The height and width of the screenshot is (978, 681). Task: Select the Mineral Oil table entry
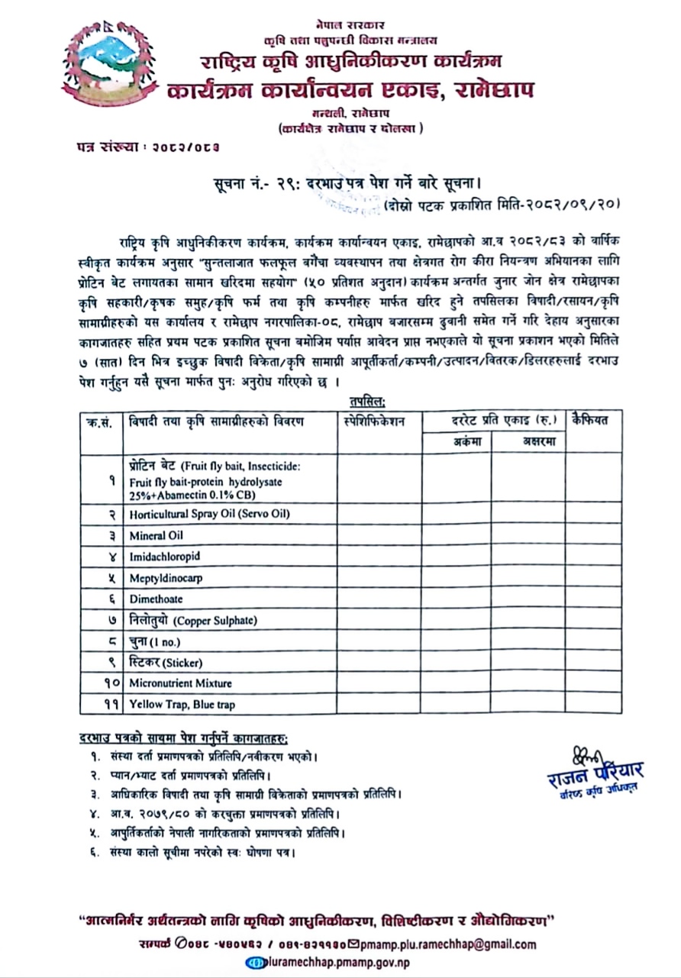157,535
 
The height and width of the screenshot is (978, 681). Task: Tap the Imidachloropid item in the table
164,557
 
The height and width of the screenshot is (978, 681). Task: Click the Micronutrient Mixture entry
180,683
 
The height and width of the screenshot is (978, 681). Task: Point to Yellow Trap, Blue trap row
182,704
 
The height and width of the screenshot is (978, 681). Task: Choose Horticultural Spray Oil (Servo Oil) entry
209,514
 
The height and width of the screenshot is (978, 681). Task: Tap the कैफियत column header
593,420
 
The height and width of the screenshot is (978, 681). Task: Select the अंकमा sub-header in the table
457,441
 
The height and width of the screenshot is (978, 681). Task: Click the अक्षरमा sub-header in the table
528,441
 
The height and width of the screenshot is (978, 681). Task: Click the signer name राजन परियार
596,770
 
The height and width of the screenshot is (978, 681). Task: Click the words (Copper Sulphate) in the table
217,621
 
